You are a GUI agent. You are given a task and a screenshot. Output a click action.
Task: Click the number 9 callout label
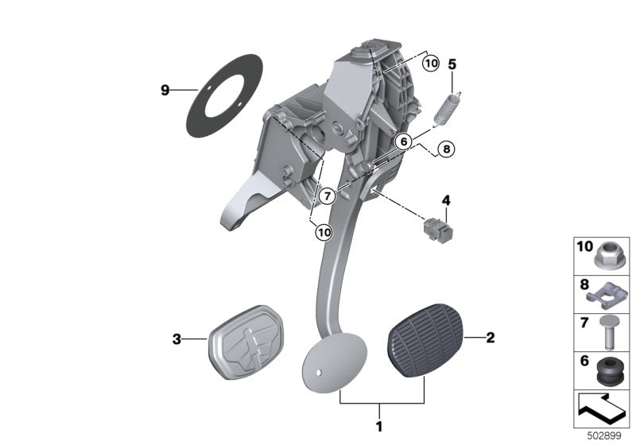pyautogui.click(x=165, y=91)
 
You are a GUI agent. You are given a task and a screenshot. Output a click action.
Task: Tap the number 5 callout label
pyautogui.click(x=452, y=63)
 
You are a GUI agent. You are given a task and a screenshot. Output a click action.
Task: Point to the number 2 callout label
pyautogui.click(x=490, y=338)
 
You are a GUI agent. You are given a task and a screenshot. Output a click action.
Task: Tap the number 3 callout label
pyautogui.click(x=177, y=340)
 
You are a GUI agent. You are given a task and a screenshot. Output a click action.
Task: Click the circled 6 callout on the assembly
pyautogui.click(x=403, y=141)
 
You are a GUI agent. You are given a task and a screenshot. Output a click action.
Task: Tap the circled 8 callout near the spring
pyautogui.click(x=445, y=148)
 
